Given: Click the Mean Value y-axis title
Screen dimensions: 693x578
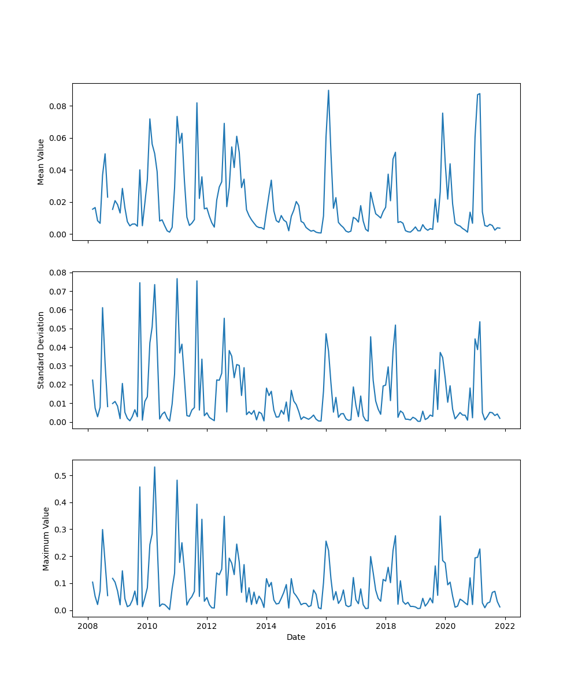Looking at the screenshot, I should [x=41, y=162].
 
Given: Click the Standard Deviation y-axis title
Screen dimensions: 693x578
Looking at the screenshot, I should [x=41, y=350].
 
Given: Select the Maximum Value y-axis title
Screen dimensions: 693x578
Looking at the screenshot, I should [x=46, y=539].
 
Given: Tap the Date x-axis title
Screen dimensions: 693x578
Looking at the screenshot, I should [x=296, y=637].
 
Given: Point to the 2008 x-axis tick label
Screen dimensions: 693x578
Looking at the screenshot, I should [x=88, y=625].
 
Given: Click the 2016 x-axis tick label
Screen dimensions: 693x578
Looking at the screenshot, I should [x=326, y=625].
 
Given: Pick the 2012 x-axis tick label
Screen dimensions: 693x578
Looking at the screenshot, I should [x=207, y=625].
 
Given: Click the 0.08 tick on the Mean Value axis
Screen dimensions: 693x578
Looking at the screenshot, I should [x=57, y=106].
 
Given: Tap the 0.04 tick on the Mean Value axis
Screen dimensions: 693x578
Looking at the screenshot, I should [x=57, y=170].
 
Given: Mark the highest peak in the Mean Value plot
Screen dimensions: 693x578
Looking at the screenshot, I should [x=328, y=90].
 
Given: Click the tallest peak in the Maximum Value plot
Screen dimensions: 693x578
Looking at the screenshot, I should [x=154, y=467].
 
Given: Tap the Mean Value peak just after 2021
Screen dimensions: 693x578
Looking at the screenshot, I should [x=480, y=94].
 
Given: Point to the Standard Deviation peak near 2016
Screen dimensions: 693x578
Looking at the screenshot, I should [x=326, y=334].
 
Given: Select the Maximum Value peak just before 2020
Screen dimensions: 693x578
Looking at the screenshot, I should [x=440, y=516].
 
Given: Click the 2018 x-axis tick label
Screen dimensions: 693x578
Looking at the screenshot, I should [x=386, y=625].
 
